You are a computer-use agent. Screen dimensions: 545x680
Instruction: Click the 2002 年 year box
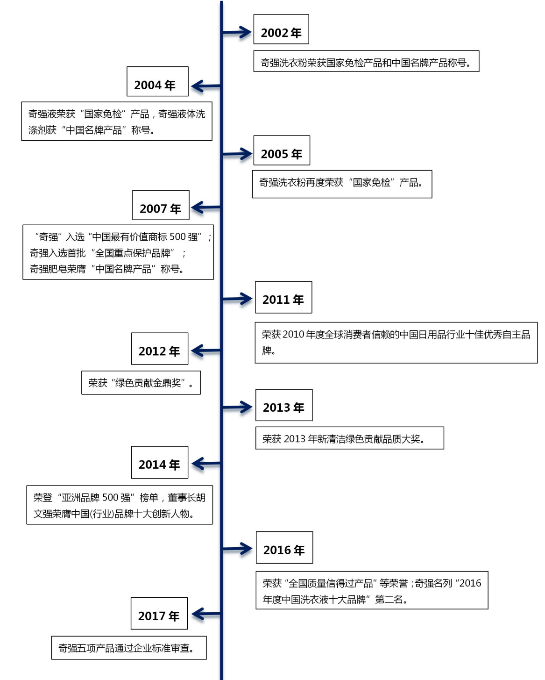(x=281, y=29)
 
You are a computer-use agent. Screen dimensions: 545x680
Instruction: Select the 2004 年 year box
(x=157, y=81)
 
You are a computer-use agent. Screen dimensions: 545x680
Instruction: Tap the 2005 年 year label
(x=281, y=154)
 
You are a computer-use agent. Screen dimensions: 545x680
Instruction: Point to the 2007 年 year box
(x=161, y=205)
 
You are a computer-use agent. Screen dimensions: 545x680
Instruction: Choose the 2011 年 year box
(x=283, y=297)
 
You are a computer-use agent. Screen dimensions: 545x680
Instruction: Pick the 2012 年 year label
(x=159, y=351)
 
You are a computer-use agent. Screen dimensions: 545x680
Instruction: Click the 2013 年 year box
(x=284, y=405)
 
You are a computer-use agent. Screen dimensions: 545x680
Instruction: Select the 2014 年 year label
(x=159, y=465)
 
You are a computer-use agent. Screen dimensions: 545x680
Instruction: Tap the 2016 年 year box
(x=284, y=547)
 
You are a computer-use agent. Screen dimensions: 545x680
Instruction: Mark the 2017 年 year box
(x=159, y=613)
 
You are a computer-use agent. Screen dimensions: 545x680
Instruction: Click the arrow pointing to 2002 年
(x=237, y=32)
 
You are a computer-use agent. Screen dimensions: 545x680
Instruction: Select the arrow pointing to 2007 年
(x=206, y=208)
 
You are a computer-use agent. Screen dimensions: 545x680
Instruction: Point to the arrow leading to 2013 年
(x=237, y=408)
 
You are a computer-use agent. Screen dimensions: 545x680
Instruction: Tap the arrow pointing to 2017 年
(x=206, y=614)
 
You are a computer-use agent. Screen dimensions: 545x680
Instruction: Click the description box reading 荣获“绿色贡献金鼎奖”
(x=141, y=383)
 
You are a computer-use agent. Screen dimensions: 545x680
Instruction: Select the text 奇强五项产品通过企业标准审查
(x=126, y=648)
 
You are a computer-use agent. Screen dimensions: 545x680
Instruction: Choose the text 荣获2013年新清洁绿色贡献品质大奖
(x=344, y=438)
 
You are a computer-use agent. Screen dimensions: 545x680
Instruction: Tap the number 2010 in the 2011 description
(x=293, y=334)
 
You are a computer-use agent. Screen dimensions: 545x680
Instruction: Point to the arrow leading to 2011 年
(x=237, y=299)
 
